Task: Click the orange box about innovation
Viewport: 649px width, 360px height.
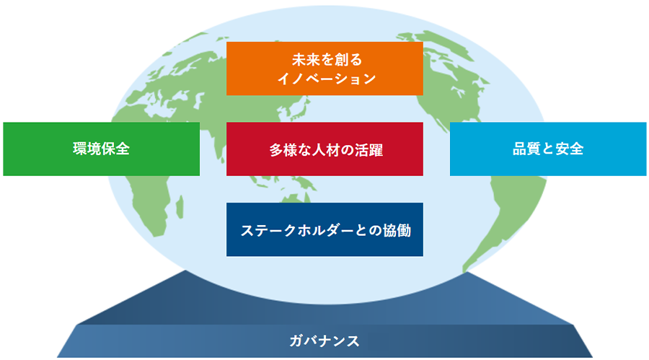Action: pos(324,69)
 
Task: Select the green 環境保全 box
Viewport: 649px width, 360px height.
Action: pos(102,149)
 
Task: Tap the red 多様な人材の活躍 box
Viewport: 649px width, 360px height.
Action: pos(324,149)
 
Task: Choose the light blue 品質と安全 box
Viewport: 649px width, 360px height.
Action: pos(548,149)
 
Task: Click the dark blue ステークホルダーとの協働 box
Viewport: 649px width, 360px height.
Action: pos(324,229)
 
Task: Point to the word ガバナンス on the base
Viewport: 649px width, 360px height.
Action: pos(324,341)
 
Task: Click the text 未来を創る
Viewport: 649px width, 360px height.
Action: pos(327,60)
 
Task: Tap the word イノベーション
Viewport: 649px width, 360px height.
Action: pos(327,79)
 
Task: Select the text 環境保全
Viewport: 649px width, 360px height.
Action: pos(102,149)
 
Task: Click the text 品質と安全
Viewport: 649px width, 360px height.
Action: pos(548,149)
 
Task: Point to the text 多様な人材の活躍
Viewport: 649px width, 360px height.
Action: pos(326,149)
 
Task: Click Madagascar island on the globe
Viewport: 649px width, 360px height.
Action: pos(180,207)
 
